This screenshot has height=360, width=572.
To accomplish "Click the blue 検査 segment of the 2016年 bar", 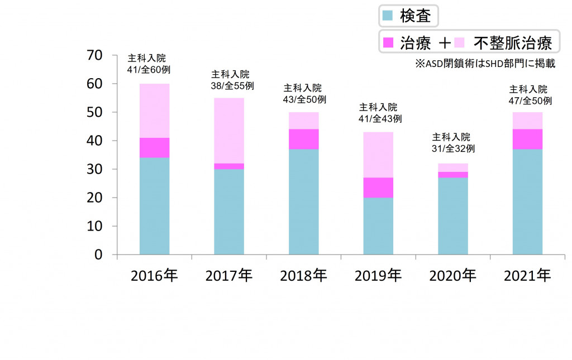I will click(154, 206).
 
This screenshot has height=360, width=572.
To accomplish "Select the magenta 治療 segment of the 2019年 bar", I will click(378, 188).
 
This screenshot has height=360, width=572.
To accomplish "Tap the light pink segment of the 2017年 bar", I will click(229, 130).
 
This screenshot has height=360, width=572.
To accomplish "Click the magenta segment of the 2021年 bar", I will click(527, 139).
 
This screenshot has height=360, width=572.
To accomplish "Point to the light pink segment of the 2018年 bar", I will click(303, 121).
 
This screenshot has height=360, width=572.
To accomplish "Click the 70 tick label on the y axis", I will click(94, 55).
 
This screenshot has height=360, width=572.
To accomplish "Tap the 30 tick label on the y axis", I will click(94, 169).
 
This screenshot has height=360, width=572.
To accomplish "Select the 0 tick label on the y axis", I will click(98, 255).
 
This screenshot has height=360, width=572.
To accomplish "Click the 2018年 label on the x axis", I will click(303, 276).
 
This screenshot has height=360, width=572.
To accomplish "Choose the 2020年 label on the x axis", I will click(453, 276).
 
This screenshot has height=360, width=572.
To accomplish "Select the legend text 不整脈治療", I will click(513, 42).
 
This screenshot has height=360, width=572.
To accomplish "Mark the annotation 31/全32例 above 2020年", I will click(453, 148).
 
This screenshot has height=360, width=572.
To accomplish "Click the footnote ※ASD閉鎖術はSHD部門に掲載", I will click(485, 64).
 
